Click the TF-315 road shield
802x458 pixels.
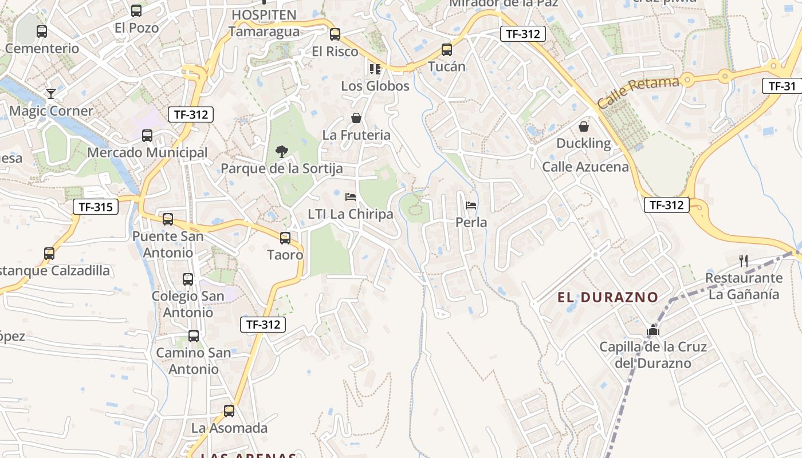[96, 207]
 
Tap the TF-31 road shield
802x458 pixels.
[782, 86]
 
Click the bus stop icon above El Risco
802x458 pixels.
[335, 34]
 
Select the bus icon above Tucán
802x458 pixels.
[447, 50]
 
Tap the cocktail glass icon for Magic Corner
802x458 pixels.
[51, 93]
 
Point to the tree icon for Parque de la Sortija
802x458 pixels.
[281, 152]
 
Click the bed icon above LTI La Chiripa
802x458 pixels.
[351, 197]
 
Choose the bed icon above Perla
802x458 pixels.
[471, 205]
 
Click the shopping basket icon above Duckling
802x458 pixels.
[584, 126]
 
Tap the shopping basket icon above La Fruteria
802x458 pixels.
[356, 118]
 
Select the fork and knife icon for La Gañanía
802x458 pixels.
[744, 261]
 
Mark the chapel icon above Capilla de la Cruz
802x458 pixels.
[652, 330]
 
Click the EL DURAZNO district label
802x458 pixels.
[608, 298]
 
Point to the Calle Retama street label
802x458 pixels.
[638, 93]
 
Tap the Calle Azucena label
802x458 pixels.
[585, 167]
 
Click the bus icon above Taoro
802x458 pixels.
[285, 238]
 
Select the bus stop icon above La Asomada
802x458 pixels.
[229, 410]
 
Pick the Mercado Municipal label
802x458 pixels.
[147, 153]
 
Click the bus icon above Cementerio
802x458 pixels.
[42, 31]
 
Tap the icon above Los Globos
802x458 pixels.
[375, 69]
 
